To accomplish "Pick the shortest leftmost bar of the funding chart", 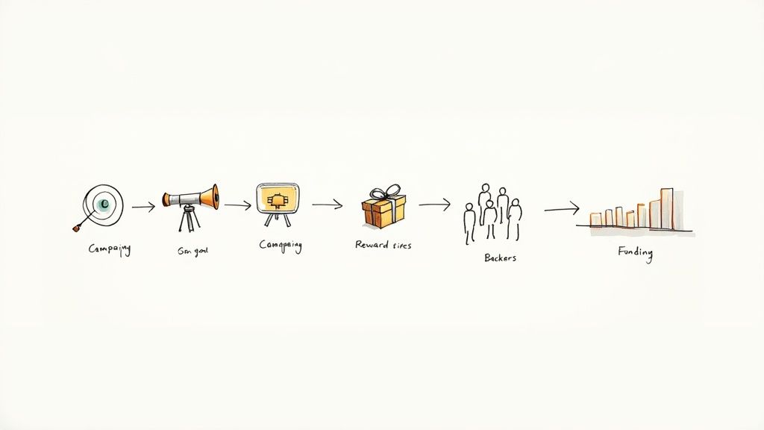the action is [x=596, y=219].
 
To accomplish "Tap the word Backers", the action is [x=499, y=258].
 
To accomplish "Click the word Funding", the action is [x=635, y=252].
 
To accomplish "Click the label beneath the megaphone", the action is [x=192, y=252].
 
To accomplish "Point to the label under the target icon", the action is [x=109, y=250].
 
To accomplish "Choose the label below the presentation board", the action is [x=280, y=246].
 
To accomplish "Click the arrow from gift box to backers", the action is [x=434, y=204].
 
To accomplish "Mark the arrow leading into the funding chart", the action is [x=561, y=208].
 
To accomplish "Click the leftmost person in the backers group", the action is [x=469, y=222].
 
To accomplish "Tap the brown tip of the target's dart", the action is [x=75, y=227].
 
